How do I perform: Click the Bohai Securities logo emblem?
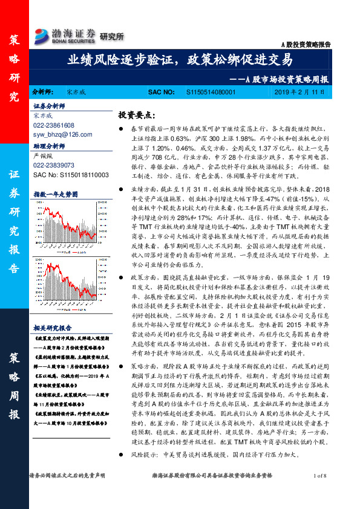pyautogui.click(x=42, y=34)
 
